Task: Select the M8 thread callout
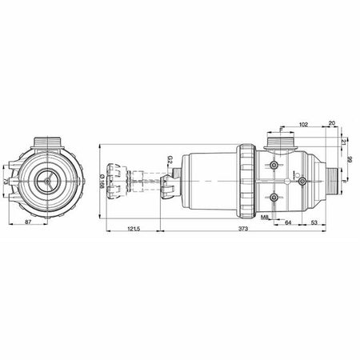(x=264, y=218)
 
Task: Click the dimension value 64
(x=288, y=222)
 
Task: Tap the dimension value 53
(x=314, y=222)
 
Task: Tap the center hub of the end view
(x=48, y=182)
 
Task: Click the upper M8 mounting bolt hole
(x=274, y=165)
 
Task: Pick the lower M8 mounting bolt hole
(x=274, y=197)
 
